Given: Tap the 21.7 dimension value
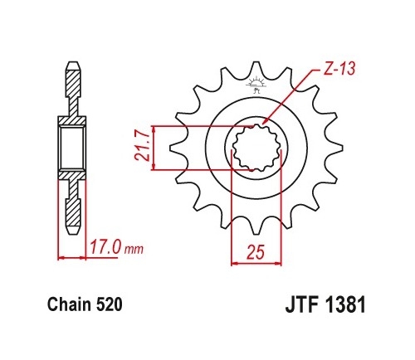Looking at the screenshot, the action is [143, 147].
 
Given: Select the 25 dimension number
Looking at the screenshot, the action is [256, 252].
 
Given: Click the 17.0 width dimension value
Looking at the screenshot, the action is [106, 247].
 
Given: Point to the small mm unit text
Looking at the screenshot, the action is [134, 250].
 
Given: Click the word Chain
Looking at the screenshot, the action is [69, 304].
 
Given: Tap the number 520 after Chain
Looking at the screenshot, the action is [109, 304].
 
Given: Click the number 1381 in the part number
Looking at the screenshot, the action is [345, 304].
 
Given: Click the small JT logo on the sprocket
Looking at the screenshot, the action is [256, 84].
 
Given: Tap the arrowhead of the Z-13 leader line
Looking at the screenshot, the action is [266, 120].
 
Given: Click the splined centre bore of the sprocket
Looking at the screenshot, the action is [256, 148].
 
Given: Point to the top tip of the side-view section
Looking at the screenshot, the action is [73, 62].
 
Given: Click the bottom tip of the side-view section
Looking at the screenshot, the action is [73, 234].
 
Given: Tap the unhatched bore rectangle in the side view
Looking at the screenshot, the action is [72, 148].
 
